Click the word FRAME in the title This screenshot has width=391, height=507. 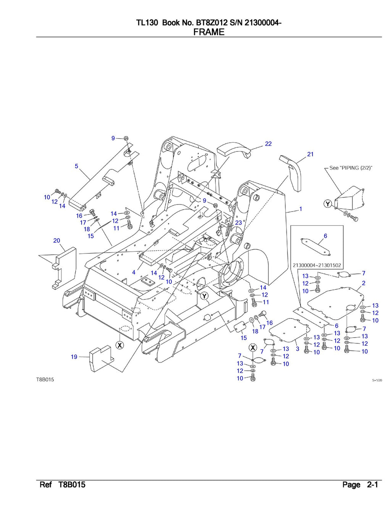pos(208,32)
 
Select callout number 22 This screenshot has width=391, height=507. pos(268,144)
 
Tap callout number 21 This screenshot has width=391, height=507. pos(310,154)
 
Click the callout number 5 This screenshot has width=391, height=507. pos(76,166)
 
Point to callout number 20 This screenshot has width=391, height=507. pos(57,240)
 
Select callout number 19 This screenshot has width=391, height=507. pos(74,357)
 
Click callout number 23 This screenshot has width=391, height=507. pos(238,223)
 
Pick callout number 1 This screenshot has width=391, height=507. pos(301,209)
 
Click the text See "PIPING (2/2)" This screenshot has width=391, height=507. pos(351,168)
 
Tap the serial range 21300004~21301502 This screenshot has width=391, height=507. pos(317,265)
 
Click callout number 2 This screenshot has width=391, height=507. pos(364,283)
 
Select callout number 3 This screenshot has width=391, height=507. pos(297,349)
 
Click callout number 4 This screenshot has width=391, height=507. pos(134,273)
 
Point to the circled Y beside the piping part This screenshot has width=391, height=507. pos(328,204)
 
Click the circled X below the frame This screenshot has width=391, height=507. pos(120,345)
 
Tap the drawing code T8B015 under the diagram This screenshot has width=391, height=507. pos(45,380)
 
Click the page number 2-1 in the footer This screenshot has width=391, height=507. pos(372,485)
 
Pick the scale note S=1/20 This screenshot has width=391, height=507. pos(377,380)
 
